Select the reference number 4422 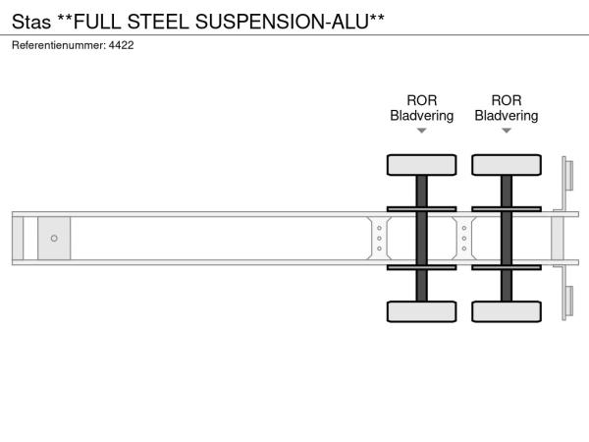click(x=121, y=45)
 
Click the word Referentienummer click(x=58, y=45)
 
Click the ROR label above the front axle click(x=421, y=100)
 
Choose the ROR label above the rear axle click(x=507, y=100)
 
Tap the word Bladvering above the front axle click(x=421, y=116)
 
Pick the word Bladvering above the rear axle click(x=507, y=116)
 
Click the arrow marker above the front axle click(x=421, y=131)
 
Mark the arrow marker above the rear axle click(x=507, y=131)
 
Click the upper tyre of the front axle click(x=421, y=164)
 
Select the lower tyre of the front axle click(x=421, y=311)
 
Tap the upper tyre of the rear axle click(x=507, y=164)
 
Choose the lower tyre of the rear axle click(x=507, y=311)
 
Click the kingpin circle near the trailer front click(x=54, y=238)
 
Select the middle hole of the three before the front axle click(x=379, y=238)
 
